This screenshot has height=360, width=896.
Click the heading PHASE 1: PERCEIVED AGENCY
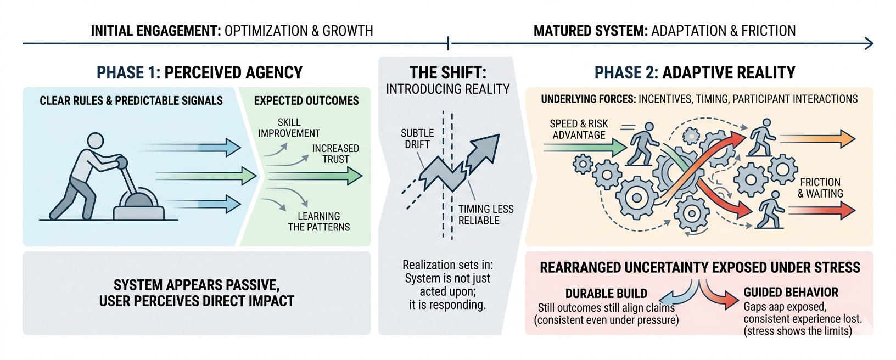[x=199, y=72]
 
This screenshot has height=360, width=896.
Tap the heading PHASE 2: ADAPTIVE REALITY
[x=695, y=72]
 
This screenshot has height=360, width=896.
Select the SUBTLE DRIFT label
[x=417, y=139]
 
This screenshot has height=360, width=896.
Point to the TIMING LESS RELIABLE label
[x=486, y=215]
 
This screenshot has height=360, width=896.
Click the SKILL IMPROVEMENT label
[x=289, y=128]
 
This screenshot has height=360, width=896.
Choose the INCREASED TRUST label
[x=335, y=154]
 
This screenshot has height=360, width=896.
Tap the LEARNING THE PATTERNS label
[x=318, y=222]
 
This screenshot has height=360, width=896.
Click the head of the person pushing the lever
[x=96, y=140]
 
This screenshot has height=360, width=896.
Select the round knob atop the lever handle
[x=121, y=162]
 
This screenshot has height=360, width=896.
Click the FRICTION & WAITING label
[x=820, y=188]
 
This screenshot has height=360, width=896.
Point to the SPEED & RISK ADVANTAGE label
[x=579, y=130]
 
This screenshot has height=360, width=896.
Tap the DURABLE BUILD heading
[x=606, y=294]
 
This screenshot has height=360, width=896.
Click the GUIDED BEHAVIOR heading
[x=791, y=292]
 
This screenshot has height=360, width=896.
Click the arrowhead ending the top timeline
[x=869, y=43]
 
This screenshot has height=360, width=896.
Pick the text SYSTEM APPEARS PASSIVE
[x=197, y=285]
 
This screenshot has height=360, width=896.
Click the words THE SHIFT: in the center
[x=448, y=72]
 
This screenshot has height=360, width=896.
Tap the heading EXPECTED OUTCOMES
[x=306, y=101]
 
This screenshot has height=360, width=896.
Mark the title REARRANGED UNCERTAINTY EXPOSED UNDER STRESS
[x=700, y=268]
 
